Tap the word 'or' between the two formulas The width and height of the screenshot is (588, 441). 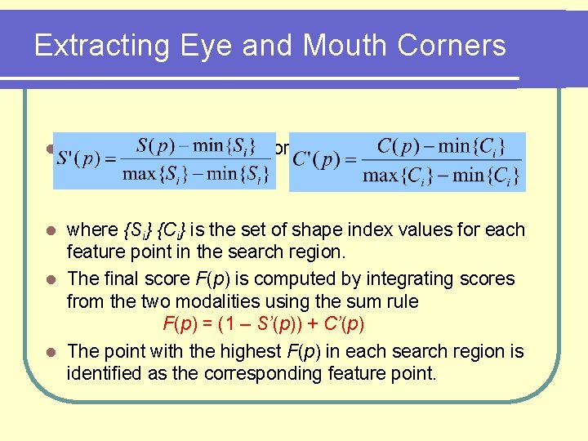282,149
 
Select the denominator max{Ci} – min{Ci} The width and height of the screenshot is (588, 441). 440,175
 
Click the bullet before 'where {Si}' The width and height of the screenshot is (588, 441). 50,230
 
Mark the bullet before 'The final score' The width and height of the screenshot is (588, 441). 50,279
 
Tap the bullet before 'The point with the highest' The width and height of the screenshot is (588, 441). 50,352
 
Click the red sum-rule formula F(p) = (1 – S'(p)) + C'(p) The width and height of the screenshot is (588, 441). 263,324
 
